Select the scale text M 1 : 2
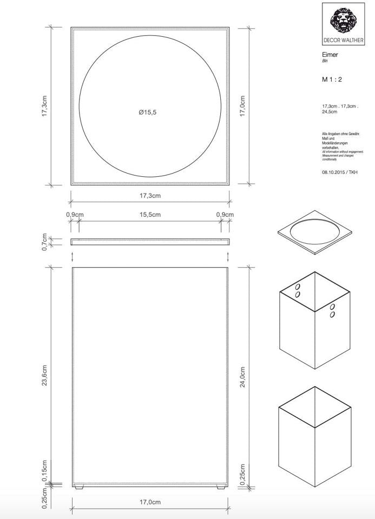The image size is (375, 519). [332, 79]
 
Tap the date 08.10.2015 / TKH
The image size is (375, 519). [339, 172]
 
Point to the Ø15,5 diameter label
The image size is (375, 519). [147, 112]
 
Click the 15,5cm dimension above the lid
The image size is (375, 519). [150, 215]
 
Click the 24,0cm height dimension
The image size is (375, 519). [242, 377]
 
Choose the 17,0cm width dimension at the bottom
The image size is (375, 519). [150, 502]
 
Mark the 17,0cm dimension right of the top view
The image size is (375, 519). [242, 106]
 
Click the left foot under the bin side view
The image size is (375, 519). [80, 488]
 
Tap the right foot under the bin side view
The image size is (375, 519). [220, 488]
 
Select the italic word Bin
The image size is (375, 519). [325, 61]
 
